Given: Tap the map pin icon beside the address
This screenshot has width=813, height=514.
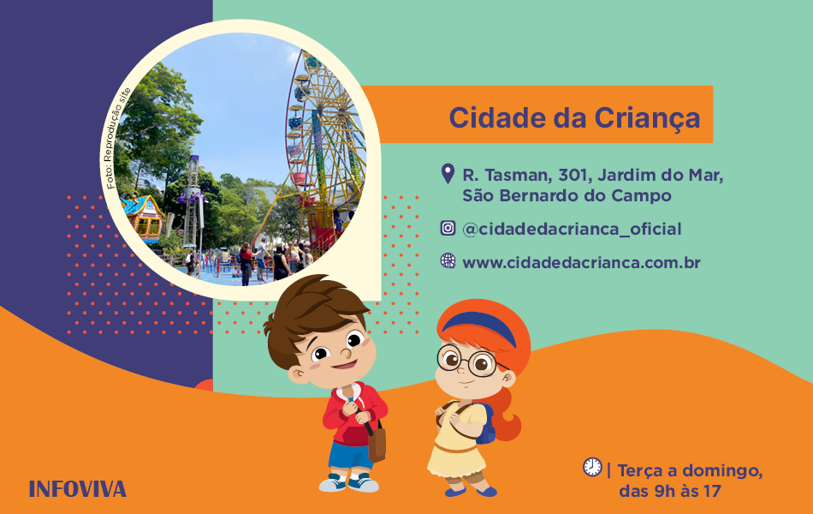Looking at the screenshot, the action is point(448,173).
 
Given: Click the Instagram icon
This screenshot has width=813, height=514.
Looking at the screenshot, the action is point(448,228).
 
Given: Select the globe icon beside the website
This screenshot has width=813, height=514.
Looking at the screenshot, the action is point(448,260).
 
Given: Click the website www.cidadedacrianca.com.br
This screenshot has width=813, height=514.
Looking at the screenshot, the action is point(581,262).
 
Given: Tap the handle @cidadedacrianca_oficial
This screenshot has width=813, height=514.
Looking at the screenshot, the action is point(572,229).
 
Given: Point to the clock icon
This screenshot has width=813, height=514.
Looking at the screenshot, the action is point(592,467).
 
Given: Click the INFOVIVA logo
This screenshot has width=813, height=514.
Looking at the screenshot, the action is point(78,489).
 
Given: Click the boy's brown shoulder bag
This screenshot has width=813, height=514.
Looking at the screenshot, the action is point(377,441).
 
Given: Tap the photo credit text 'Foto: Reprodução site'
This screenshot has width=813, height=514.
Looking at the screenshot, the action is point(118,139).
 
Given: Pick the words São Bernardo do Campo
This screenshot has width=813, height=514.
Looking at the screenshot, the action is point(567,195).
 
